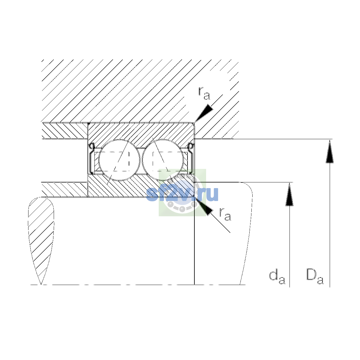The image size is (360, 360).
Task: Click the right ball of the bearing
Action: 163,160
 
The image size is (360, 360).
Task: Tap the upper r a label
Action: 204,93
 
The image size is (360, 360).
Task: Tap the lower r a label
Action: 225,214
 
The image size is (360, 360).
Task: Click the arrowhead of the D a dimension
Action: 330,151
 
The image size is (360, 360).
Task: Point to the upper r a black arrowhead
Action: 204,113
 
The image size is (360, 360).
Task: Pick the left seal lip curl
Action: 92,146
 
